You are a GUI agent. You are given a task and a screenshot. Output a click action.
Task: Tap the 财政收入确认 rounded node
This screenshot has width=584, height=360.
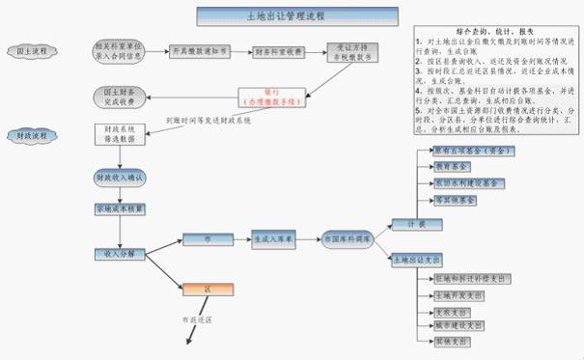[x=120, y=179]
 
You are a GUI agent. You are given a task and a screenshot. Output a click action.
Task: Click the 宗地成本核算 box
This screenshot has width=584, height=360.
[x=119, y=209]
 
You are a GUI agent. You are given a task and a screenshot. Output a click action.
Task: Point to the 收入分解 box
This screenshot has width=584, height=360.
[x=119, y=254]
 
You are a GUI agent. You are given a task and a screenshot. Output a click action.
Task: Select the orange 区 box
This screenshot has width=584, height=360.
[x=208, y=289]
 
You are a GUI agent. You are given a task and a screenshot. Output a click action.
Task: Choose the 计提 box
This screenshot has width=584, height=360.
[x=409, y=224]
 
